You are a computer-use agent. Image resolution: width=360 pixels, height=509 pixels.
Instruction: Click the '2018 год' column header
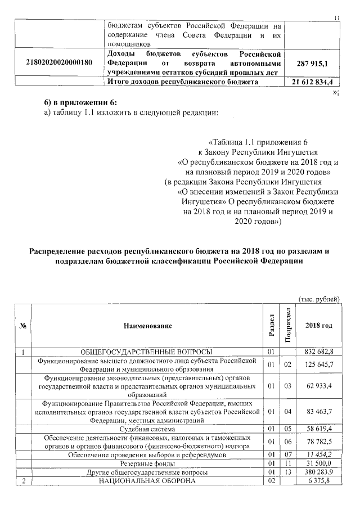tap(318, 326)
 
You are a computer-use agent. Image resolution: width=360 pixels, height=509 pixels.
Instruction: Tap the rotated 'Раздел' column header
tap(271, 325)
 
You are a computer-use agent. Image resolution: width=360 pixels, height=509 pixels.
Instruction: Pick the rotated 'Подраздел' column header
tap(288, 325)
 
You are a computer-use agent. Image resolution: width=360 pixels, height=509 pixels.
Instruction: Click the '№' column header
tap(22, 326)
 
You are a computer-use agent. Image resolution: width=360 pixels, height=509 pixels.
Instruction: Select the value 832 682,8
tap(319, 352)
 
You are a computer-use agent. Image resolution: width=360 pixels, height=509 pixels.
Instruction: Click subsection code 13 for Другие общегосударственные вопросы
tap(287, 472)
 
